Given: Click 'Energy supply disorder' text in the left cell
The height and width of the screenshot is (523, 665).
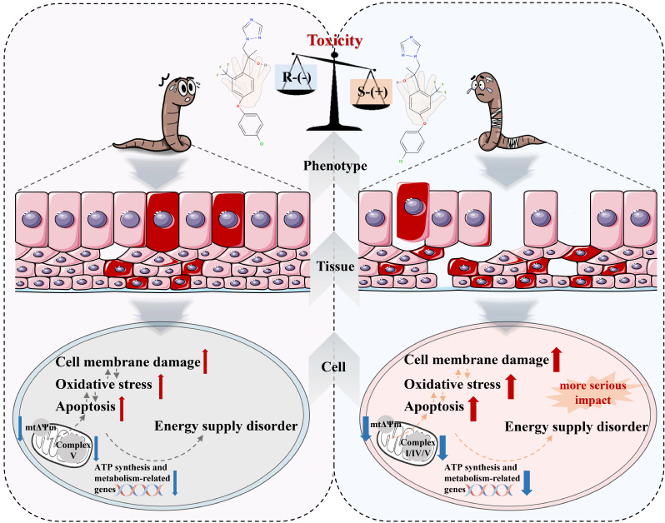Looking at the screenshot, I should point(226,426).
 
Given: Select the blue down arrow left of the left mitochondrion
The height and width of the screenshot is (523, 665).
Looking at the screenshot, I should point(19,424).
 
